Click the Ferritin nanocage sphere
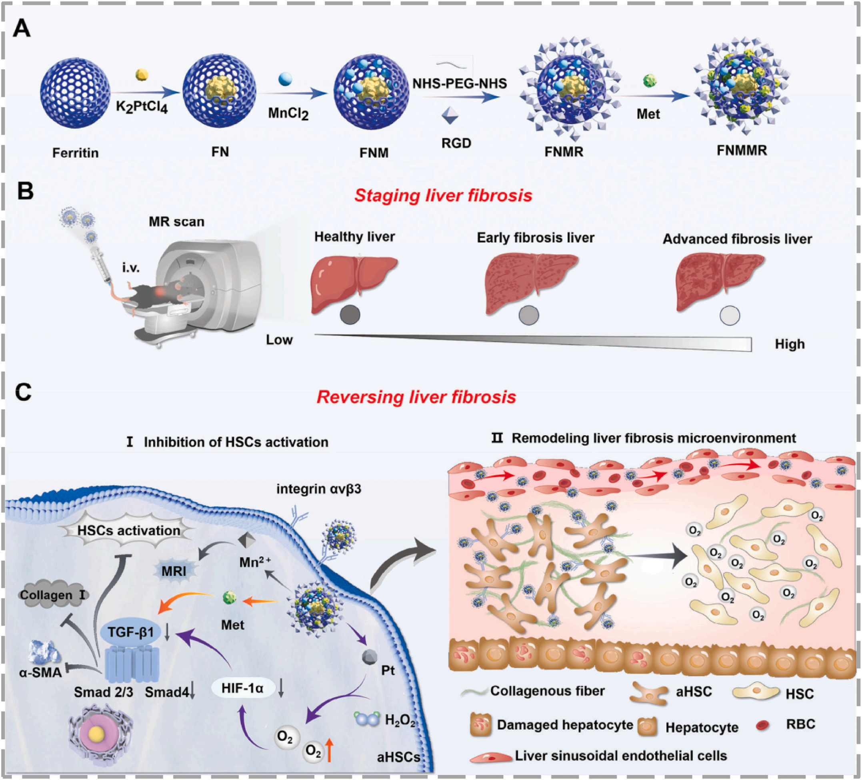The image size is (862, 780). pyautogui.click(x=75, y=93)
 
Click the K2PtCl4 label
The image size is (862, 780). pyautogui.click(x=142, y=107)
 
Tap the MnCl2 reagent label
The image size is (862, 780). pyautogui.click(x=288, y=113)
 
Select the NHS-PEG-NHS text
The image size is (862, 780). pyautogui.click(x=460, y=83)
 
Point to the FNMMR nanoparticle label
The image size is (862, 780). pyautogui.click(x=742, y=150)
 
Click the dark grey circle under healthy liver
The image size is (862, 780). pyautogui.click(x=350, y=315)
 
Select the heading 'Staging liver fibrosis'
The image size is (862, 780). pyautogui.click(x=443, y=196)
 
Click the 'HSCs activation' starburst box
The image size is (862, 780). pyautogui.click(x=129, y=531)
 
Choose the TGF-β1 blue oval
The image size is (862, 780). pyautogui.click(x=131, y=632)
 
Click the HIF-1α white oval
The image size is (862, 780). pyautogui.click(x=242, y=688)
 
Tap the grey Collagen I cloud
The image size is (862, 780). pyautogui.click(x=52, y=595)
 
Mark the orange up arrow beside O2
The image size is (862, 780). pyautogui.click(x=329, y=751)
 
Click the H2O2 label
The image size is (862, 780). pyautogui.click(x=400, y=720)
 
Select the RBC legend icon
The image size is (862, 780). pyautogui.click(x=762, y=725)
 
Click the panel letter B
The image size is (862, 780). pyautogui.click(x=25, y=191)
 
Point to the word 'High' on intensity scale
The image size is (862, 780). pyautogui.click(x=790, y=344)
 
